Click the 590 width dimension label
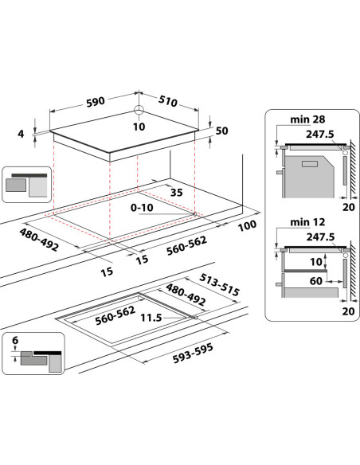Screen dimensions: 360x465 tap(96, 102)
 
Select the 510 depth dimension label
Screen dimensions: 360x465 tap(168, 101)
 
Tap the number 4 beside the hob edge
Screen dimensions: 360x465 tap(21, 134)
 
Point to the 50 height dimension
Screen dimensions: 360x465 tap(221, 131)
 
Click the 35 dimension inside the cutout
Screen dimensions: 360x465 tap(177, 193)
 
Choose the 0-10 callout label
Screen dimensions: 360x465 tap(142, 208)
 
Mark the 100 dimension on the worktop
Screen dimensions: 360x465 tap(248, 225)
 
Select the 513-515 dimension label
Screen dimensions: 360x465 tap(219, 285)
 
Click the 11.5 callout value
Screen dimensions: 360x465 tap(151, 318)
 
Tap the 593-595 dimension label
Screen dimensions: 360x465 tap(193, 354)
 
